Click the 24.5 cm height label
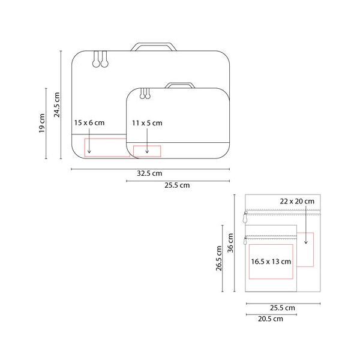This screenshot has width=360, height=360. click(57, 104)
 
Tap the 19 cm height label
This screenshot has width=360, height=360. click(42, 123)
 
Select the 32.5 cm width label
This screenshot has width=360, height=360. click(149, 173)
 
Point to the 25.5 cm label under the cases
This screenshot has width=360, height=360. click(177, 185)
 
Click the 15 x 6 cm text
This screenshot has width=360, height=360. click(89, 123)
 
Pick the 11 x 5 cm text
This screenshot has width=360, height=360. click(147, 123)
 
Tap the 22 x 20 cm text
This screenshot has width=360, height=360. click(297, 202)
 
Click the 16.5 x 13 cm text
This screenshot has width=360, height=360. click(271, 262)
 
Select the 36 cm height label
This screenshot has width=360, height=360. click(230, 243)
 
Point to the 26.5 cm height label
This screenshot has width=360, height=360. click(219, 258)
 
